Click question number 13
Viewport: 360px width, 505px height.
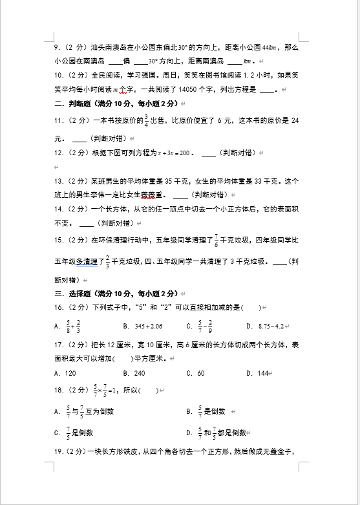coord(58,181)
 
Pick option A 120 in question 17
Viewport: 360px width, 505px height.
coord(66,373)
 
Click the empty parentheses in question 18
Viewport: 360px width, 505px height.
coord(148,391)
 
